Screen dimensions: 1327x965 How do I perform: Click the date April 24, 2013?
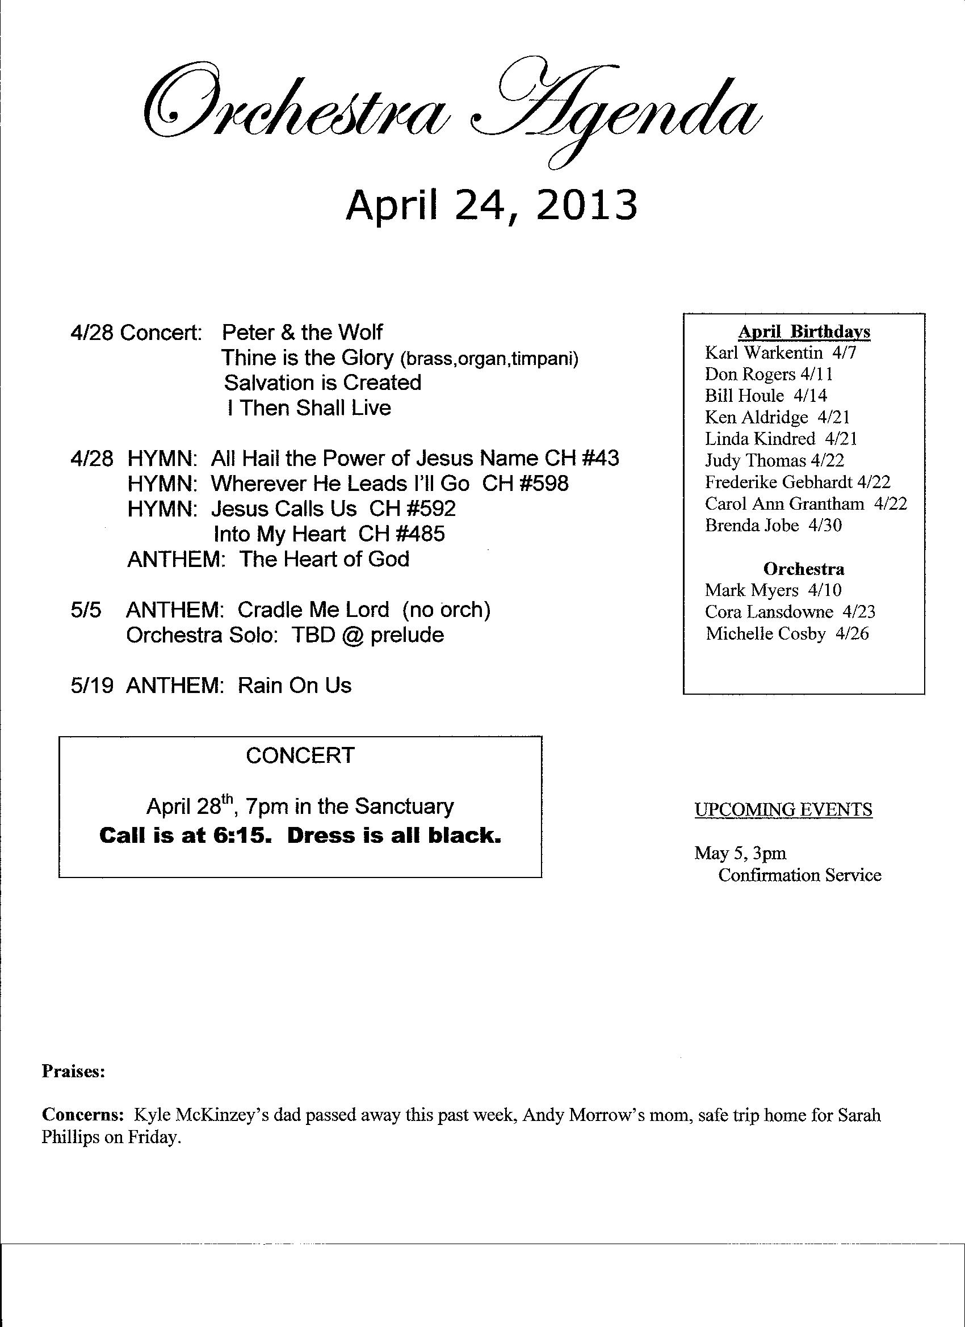[490, 206]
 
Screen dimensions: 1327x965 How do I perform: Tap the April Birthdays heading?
[803, 331]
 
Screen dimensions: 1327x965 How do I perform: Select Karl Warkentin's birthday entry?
[780, 353]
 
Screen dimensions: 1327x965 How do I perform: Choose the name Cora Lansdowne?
[769, 612]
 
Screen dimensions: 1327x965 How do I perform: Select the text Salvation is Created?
[322, 383]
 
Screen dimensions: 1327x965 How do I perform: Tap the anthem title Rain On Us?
[295, 686]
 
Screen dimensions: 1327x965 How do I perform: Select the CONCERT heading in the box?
[300, 755]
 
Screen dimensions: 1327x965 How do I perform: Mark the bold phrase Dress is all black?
[395, 835]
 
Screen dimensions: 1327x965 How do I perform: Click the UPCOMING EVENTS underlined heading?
[783, 810]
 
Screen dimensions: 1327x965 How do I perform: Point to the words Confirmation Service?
[799, 875]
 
